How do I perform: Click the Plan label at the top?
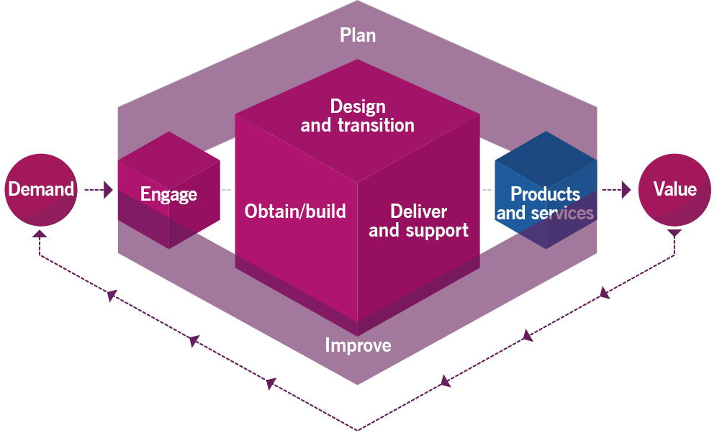pyautogui.click(x=358, y=35)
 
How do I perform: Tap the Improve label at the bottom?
pyautogui.click(x=358, y=345)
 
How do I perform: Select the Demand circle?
pyautogui.click(x=41, y=190)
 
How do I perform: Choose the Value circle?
pyautogui.click(x=675, y=190)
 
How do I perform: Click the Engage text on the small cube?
pyautogui.click(x=168, y=194)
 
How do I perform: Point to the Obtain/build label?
pyautogui.click(x=295, y=211)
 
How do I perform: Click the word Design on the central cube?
pyautogui.click(x=358, y=106)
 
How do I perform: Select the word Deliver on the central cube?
pyautogui.click(x=418, y=211)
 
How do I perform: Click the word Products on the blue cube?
pyautogui.click(x=545, y=194)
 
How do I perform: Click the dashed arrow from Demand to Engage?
pyautogui.click(x=99, y=190)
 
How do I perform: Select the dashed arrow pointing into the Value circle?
pyautogui.click(x=617, y=190)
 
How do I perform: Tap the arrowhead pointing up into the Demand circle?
pyautogui.click(x=40, y=234)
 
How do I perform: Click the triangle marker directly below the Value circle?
pyautogui.click(x=675, y=234)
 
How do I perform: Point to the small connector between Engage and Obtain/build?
pyautogui.click(x=227, y=190)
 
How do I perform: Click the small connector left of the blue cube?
pyautogui.click(x=487, y=190)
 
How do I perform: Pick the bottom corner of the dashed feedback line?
pyautogui.click(x=358, y=429)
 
